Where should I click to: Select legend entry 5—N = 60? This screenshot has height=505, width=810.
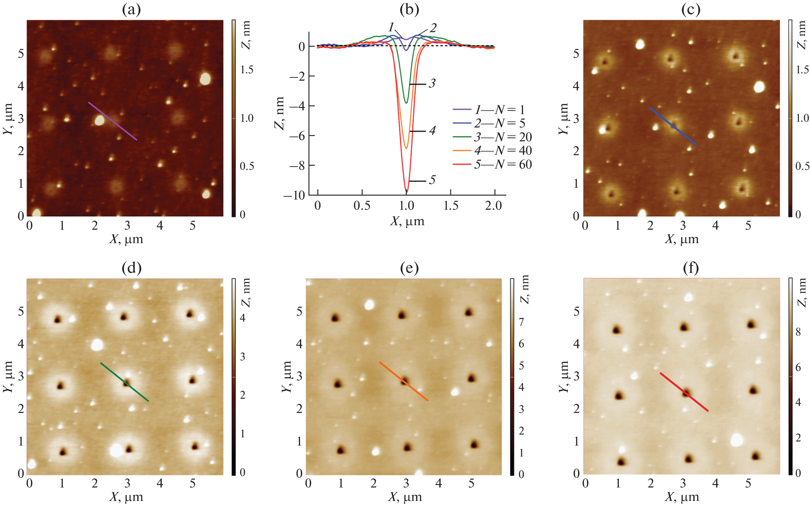point(502,165)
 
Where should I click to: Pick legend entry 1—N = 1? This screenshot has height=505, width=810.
point(499,110)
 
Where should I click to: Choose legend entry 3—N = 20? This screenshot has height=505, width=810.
point(502,137)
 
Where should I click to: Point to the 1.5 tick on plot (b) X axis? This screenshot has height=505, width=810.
point(450,206)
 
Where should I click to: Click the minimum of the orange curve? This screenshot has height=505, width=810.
point(406,148)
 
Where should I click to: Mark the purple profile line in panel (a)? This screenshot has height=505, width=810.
point(113,121)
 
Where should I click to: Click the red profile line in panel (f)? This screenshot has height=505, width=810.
point(684,392)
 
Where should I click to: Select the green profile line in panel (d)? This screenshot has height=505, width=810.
point(124,382)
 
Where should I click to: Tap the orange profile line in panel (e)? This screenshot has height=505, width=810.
point(404,381)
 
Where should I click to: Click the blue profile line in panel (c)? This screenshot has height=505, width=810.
point(673,126)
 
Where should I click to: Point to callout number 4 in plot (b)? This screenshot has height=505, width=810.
point(433,131)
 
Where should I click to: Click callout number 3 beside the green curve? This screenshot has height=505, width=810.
point(432,83)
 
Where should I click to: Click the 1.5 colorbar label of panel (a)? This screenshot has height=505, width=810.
point(247,70)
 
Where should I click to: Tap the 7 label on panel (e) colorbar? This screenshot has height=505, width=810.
point(521,322)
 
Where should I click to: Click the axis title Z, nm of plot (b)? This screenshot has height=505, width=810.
point(280,113)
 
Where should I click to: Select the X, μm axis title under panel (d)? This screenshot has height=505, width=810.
point(126,497)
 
